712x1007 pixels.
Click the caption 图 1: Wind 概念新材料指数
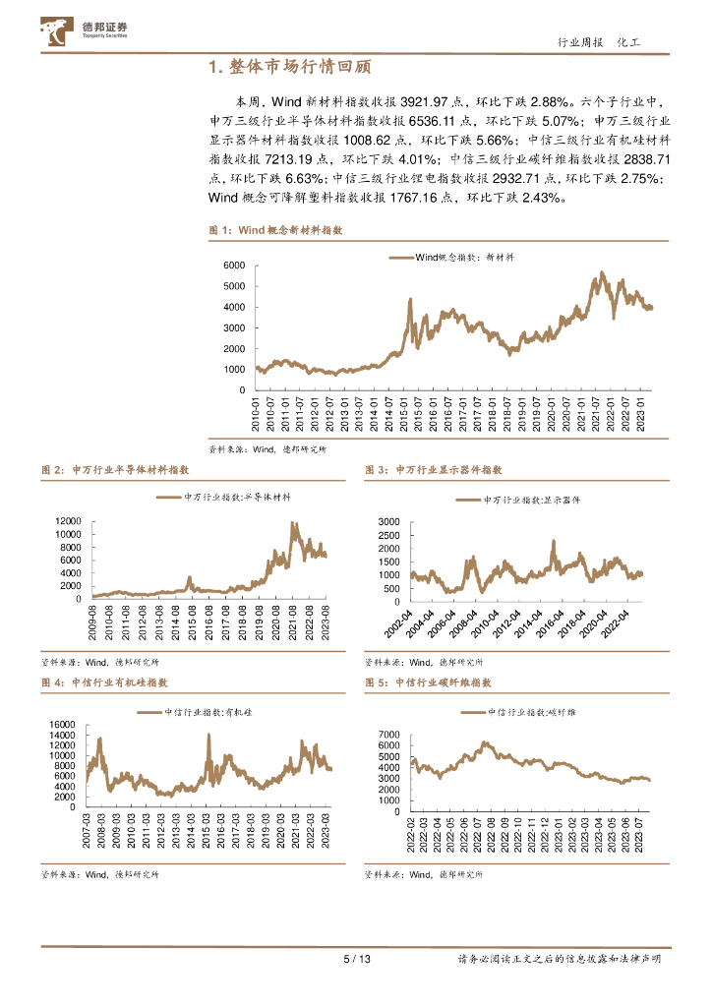click(275, 229)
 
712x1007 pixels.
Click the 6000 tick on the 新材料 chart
click(232, 266)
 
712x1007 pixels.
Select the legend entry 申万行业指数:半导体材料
click(231, 499)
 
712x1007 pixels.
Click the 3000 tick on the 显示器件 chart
click(389, 520)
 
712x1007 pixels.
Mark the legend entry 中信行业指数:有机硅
click(195, 710)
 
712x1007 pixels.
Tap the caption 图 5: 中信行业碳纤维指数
click(428, 682)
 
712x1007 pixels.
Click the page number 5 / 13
click(356, 960)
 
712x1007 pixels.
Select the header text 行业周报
click(578, 43)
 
